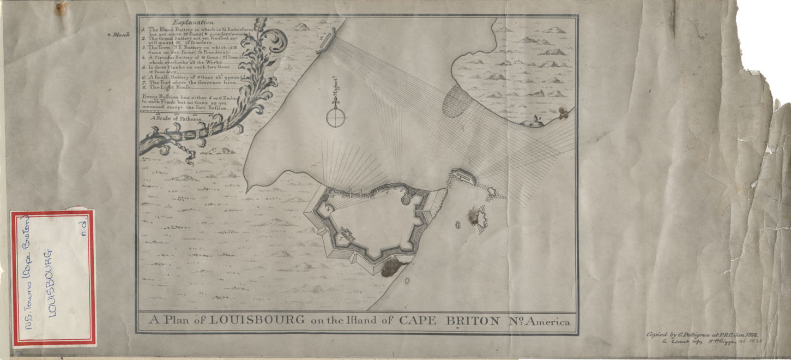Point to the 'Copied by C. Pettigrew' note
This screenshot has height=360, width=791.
(x=703, y=334)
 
